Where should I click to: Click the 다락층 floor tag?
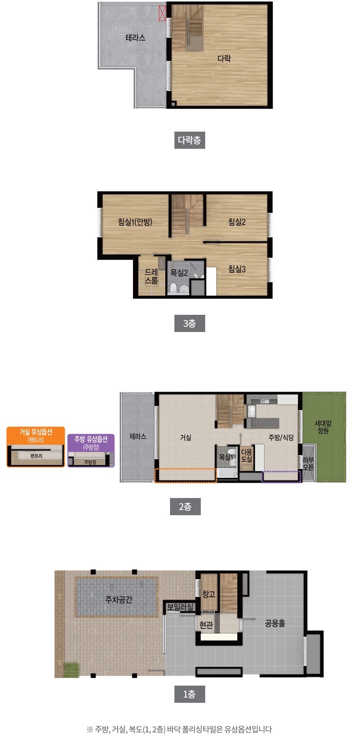coord(190,140)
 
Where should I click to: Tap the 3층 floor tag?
coord(190,323)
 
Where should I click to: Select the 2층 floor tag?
coord(185,506)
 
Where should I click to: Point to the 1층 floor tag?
coord(190,694)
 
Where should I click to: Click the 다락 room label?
coord(224,58)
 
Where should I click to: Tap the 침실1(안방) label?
coord(135,222)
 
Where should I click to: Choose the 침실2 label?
coord(237,222)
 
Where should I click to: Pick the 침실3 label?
coord(237,269)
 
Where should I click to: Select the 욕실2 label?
coord(179,273)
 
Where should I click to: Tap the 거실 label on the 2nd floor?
coord(186,438)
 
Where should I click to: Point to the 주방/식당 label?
coord(281,438)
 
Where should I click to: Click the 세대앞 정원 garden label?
coord(323,427)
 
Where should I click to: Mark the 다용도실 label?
coord(247,456)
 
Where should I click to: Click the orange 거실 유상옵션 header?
coord(36,435)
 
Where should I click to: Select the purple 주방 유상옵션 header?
coord(91,443)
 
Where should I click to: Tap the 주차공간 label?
coord(118,600)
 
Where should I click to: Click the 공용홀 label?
coord(275,623)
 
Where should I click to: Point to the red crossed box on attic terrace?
coord(162,13)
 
